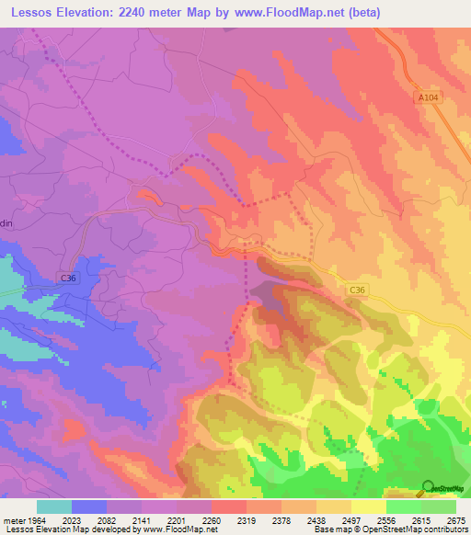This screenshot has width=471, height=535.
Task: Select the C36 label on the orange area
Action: click(359, 290)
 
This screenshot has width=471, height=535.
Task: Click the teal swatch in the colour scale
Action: click(54, 507)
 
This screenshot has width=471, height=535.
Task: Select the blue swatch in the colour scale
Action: click(89, 507)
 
